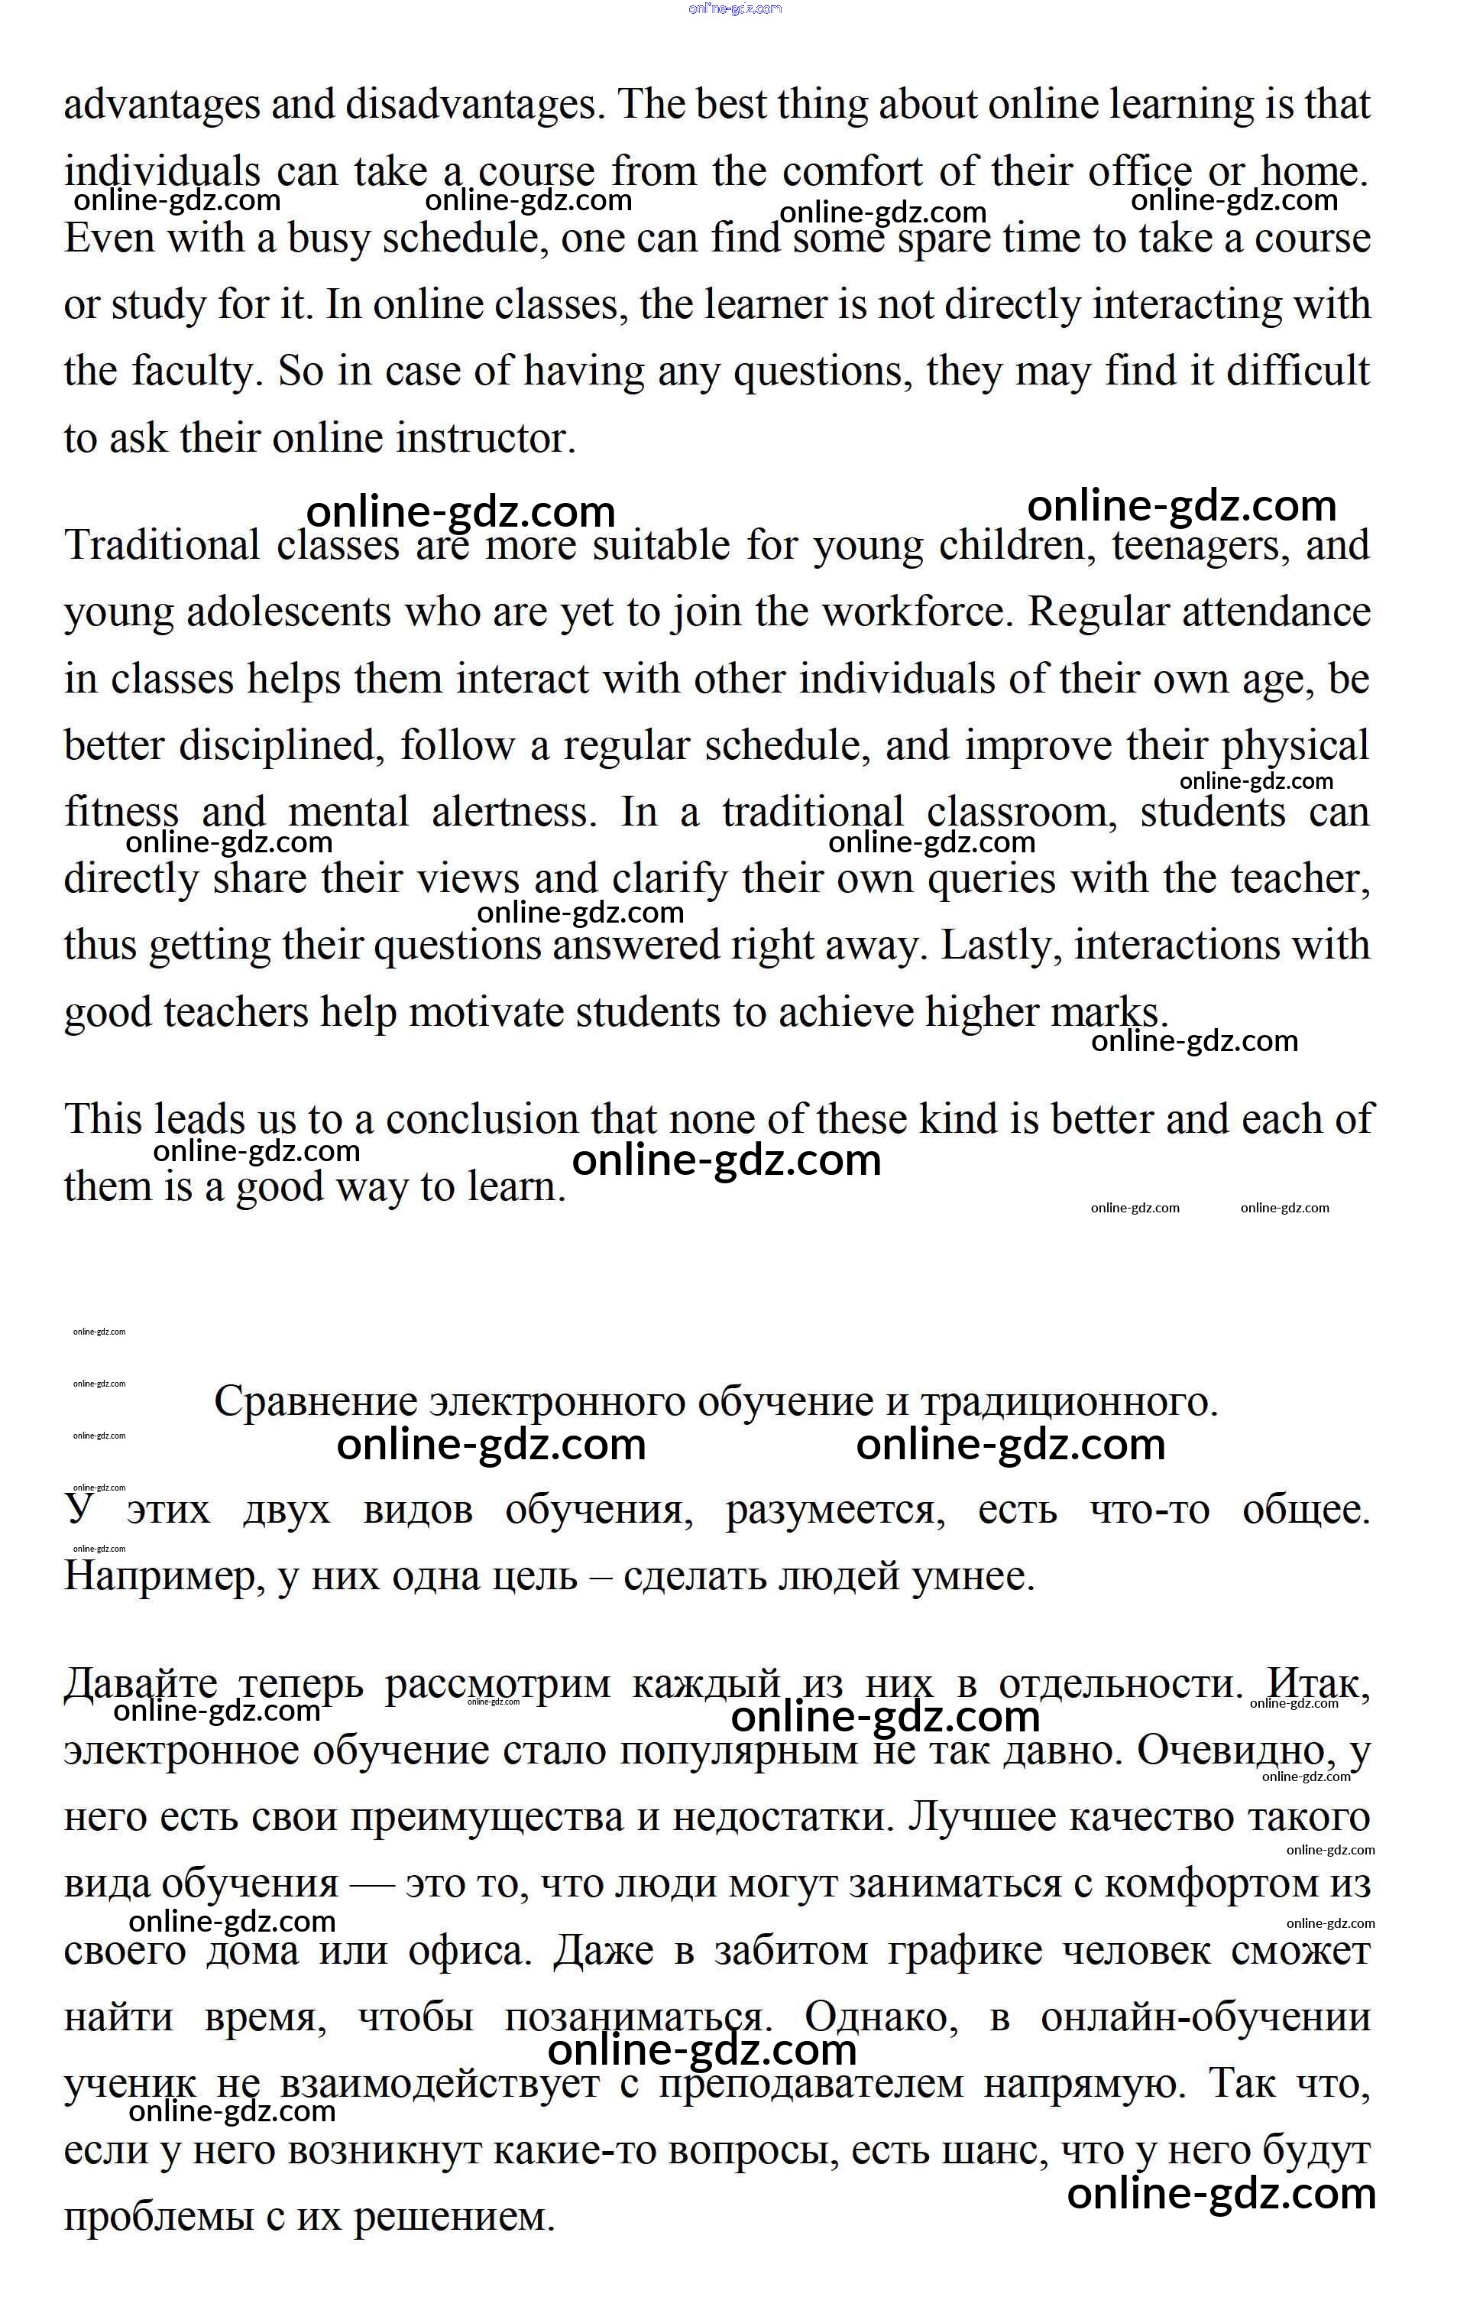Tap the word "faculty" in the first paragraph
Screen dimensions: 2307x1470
[196, 372]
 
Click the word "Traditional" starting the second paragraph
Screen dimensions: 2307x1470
[161, 546]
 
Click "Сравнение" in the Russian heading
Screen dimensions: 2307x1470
[316, 1403]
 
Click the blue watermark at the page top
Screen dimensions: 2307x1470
[734, 8]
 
